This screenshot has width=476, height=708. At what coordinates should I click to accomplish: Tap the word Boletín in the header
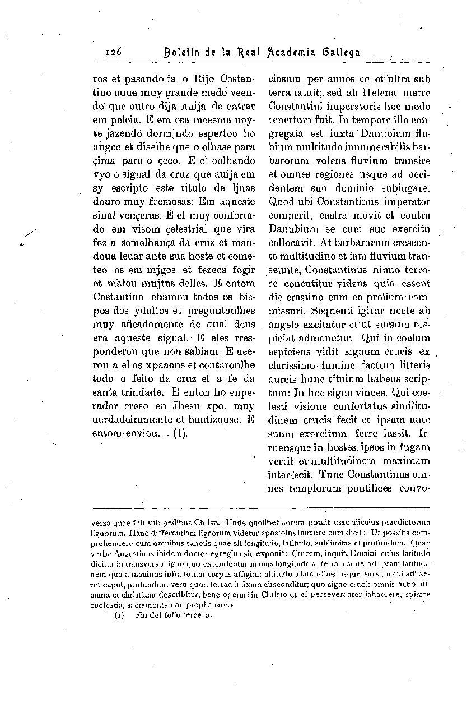click(181, 53)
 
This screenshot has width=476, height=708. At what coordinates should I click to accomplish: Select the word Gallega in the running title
click(341, 53)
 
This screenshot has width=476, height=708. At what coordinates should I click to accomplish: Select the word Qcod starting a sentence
click(281, 201)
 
